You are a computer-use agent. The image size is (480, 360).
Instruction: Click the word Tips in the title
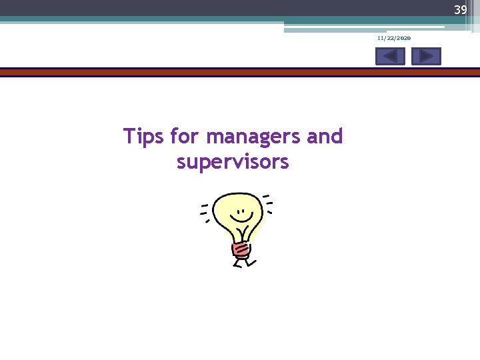click(144, 137)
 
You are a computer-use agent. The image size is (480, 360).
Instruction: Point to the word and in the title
click(325, 137)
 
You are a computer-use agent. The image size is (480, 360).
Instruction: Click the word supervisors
click(233, 162)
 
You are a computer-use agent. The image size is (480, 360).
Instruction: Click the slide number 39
click(460, 10)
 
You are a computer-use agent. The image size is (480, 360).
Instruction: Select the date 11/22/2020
click(394, 39)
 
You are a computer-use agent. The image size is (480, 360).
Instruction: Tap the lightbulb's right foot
click(252, 262)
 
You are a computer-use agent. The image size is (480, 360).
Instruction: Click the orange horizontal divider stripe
click(240, 71)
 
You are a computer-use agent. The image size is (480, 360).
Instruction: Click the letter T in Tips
click(129, 137)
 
